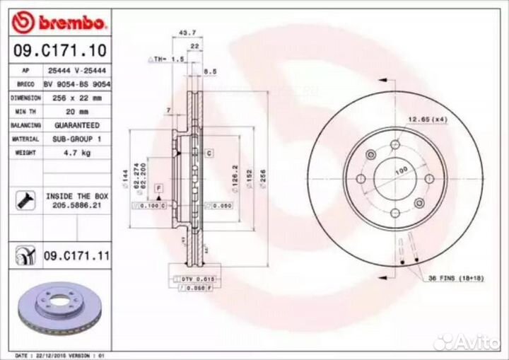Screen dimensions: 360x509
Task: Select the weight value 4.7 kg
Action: tap(77, 152)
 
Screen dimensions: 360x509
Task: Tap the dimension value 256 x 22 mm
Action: tap(77, 98)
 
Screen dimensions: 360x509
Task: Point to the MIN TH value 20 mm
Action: tap(77, 112)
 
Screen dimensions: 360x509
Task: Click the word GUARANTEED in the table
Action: tap(77, 125)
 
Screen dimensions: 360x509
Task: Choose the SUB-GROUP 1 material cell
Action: tap(77, 139)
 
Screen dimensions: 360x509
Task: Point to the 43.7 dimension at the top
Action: tap(187, 33)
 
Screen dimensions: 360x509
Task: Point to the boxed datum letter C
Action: tap(209, 153)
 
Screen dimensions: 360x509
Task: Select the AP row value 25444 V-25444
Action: tap(77, 71)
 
